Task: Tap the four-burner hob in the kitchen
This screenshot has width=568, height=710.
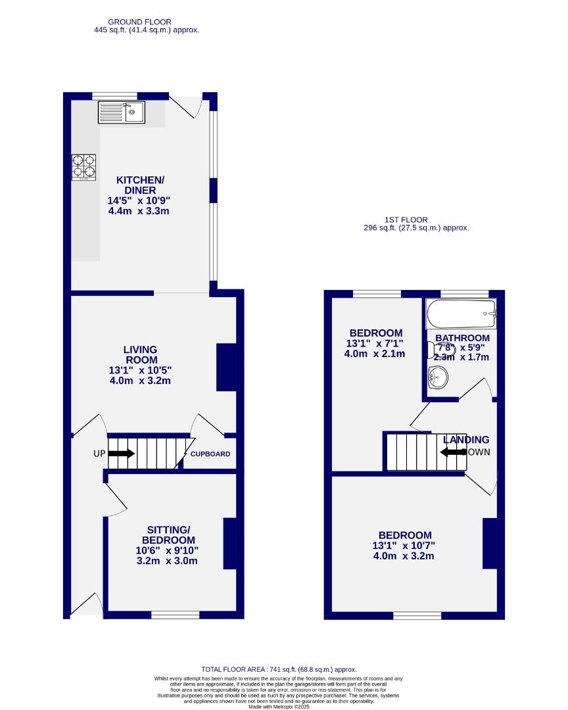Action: pos(83,166)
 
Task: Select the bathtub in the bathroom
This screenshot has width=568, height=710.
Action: pos(461,315)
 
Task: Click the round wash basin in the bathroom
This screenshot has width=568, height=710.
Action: pos(437,377)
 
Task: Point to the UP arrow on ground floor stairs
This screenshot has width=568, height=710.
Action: pos(122,454)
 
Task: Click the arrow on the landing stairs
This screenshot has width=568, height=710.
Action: pos(453,452)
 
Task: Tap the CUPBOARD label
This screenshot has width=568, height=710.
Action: pos(210,454)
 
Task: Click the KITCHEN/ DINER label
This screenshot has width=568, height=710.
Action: pos(140,185)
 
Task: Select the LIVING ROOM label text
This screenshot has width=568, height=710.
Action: pos(140,355)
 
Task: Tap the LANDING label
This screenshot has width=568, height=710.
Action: pos(466,440)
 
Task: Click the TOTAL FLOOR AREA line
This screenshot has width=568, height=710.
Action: pos(284,669)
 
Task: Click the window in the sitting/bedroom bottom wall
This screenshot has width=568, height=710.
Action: pos(175,615)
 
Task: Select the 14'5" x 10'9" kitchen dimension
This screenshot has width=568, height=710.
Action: pos(140,200)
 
